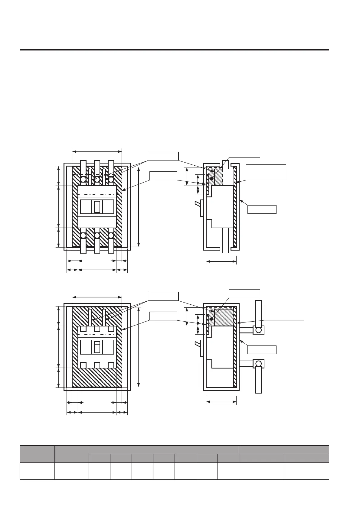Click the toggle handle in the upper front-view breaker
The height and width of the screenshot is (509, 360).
(97, 207)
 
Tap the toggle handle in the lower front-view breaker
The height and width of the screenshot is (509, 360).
(97, 347)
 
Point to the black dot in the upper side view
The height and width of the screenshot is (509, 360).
(212, 179)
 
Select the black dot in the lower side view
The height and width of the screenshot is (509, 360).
(212, 319)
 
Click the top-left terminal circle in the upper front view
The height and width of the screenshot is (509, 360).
(83, 180)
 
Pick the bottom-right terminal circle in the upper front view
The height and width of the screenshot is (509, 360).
(111, 235)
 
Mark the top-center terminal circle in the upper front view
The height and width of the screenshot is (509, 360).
(97, 180)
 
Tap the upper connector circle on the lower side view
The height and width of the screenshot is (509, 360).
(258, 330)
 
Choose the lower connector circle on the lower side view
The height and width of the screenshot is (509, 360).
(258, 364)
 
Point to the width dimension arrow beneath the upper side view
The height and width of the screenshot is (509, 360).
(221, 262)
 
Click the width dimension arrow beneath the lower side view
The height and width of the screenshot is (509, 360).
(221, 402)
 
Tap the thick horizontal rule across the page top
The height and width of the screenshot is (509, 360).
(175, 50)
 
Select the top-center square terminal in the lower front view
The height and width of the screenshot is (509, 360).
(97, 329)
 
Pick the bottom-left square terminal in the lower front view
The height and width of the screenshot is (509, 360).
(83, 365)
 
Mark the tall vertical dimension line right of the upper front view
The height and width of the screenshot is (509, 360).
(139, 207)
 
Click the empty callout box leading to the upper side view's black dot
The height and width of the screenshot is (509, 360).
(244, 153)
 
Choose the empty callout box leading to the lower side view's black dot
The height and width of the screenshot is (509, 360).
(244, 293)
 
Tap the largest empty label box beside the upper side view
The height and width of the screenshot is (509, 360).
(266, 172)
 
